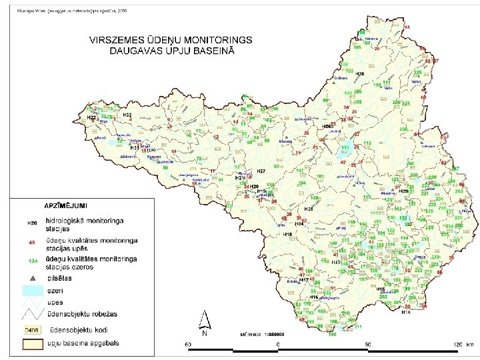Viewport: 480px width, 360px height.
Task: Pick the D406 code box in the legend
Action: pos(32,331)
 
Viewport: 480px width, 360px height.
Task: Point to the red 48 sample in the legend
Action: pos(31,242)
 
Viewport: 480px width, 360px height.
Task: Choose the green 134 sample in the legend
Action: pos(32,261)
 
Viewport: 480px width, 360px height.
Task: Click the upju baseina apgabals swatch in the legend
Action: pos(32,344)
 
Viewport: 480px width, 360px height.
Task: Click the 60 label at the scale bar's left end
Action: pos(189,345)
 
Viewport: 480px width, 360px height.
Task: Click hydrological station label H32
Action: pos(127,115)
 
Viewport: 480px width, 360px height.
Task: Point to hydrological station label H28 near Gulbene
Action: pos(360,73)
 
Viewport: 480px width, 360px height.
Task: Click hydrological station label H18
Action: pos(288,235)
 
